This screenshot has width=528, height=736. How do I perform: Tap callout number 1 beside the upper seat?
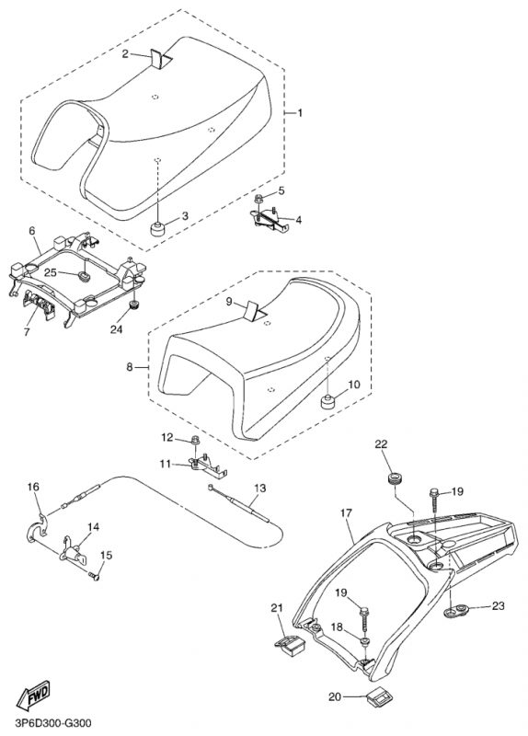[x=300, y=113]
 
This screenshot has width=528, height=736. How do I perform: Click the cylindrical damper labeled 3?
[x=157, y=228]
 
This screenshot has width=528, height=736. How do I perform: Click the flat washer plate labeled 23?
[x=456, y=612]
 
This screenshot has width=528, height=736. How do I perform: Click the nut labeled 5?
[x=258, y=201]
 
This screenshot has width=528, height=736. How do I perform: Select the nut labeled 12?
[x=193, y=442]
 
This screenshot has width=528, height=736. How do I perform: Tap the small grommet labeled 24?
[x=132, y=306]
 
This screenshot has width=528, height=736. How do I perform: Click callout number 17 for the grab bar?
[x=346, y=513]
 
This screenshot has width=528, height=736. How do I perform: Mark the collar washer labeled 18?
[x=363, y=641]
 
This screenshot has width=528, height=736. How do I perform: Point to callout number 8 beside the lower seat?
[x=130, y=367]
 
